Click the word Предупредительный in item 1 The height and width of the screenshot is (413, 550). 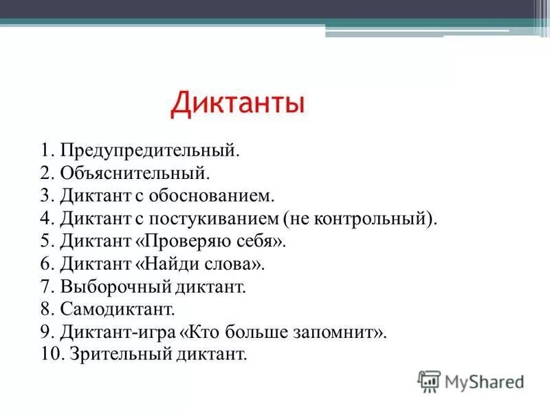149,150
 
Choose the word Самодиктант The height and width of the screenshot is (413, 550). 117,309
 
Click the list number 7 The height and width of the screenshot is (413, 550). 46,286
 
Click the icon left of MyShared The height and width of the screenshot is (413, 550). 429,381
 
